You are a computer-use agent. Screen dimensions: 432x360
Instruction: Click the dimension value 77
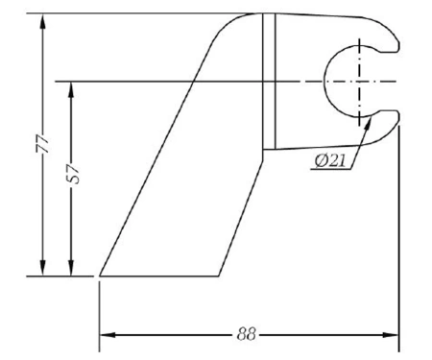[42, 144]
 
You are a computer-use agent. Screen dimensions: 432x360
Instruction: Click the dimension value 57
[74, 174]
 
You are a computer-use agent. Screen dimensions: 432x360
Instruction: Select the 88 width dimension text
[247, 334]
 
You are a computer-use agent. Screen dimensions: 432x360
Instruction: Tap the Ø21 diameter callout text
[330, 160]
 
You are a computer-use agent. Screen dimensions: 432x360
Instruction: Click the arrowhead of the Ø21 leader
[369, 123]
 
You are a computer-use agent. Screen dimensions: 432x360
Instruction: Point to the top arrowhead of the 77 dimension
[42, 21]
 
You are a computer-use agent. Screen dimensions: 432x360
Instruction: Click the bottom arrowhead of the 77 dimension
[42, 268]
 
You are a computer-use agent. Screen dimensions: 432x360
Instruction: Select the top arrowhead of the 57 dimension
[71, 89]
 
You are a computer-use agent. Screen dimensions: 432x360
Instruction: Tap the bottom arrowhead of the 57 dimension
[71, 268]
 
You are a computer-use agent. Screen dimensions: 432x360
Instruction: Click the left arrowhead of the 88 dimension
[108, 335]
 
